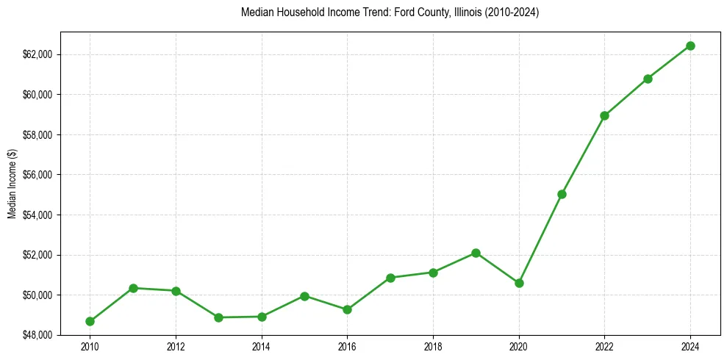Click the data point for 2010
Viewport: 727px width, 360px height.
[x=90, y=321]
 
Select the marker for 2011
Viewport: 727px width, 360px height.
[x=133, y=288]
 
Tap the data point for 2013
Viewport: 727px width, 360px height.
[x=218, y=317]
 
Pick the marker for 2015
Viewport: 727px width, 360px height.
[x=304, y=296]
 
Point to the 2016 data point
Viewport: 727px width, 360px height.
[x=347, y=309]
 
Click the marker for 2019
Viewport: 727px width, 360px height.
[x=476, y=253]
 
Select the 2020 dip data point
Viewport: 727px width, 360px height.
[x=519, y=283]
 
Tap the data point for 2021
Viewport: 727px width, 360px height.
[x=562, y=194]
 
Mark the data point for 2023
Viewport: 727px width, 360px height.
[x=648, y=79]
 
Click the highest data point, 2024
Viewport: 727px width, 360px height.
[x=690, y=46]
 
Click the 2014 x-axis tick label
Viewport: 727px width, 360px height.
[x=262, y=346]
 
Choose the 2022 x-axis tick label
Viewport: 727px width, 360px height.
[x=604, y=346]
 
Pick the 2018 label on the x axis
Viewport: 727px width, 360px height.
[x=433, y=346]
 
